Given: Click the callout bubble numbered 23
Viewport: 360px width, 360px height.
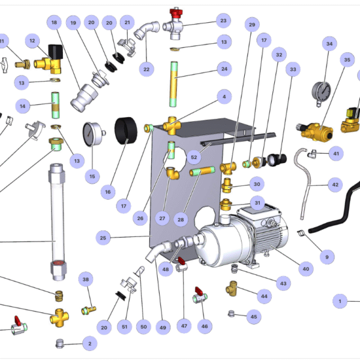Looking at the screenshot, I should tap(224, 21).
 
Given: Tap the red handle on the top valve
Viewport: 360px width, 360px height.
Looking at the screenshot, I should tap(176, 12).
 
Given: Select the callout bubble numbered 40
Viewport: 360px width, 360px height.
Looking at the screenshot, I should tap(305, 269).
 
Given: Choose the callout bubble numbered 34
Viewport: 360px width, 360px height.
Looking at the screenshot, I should tap(328, 44).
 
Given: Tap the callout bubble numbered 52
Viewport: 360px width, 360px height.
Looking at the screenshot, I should tap(193, 157).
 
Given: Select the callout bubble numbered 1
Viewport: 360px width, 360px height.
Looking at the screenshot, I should tap(340, 301).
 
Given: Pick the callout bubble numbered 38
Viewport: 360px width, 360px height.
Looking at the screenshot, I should tap(86, 280).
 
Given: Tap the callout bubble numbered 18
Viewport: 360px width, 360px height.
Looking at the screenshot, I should tap(54, 23).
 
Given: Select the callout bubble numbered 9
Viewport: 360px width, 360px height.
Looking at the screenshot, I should tap(327, 257).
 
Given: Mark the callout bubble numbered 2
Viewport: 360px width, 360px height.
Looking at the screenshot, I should tap(89, 344).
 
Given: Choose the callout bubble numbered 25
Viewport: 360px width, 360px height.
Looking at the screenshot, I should tap(103, 238).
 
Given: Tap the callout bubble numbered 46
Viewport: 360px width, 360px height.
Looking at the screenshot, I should tap(205, 326).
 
